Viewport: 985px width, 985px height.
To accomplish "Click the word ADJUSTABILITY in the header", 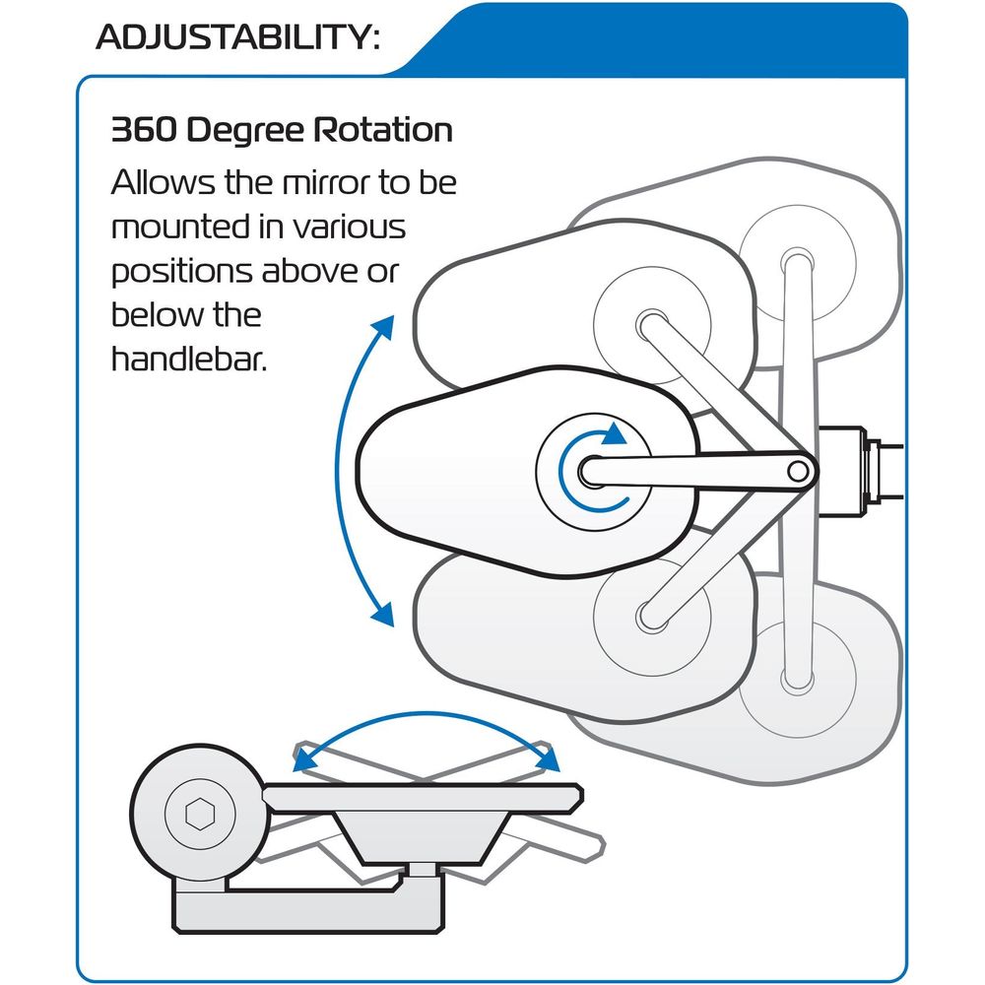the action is tap(233, 37).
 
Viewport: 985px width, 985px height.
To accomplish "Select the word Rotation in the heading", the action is tap(382, 130).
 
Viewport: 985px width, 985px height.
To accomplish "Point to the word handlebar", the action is tap(189, 359).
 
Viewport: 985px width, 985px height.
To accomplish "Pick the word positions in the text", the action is tap(182, 273).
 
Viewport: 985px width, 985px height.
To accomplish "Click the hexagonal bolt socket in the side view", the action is tap(200, 814).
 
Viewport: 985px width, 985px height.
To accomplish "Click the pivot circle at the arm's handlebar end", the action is tap(798, 471).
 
